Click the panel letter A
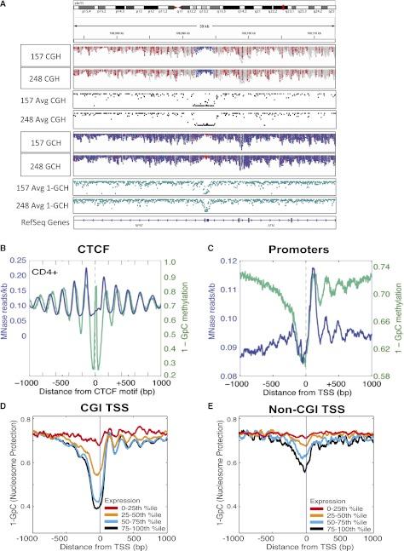pyautogui.click(x=6, y=6)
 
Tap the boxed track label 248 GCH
pyautogui.click(x=37, y=159)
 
